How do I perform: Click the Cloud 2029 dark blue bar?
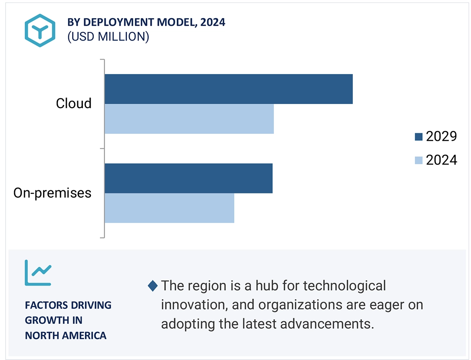(x=228, y=89)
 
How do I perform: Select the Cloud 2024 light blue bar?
(x=189, y=119)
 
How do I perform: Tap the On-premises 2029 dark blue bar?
(x=188, y=178)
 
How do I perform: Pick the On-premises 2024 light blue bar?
(x=169, y=208)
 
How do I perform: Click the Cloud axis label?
(x=74, y=103)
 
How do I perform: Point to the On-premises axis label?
(x=52, y=193)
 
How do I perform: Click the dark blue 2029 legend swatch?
(x=418, y=137)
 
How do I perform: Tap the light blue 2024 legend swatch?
(x=418, y=160)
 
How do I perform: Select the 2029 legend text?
(x=442, y=137)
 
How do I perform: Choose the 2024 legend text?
(x=442, y=160)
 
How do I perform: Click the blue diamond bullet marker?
(x=153, y=286)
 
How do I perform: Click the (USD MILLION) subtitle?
(x=108, y=37)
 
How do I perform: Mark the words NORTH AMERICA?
(x=66, y=335)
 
